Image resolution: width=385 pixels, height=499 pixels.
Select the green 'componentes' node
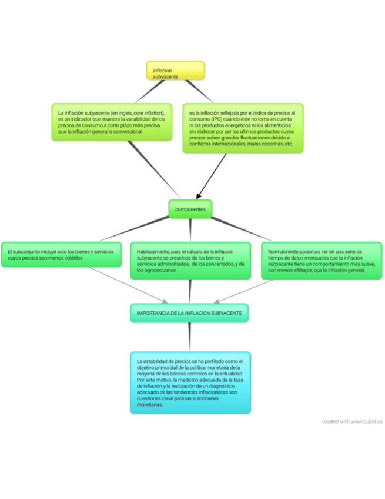[190, 209]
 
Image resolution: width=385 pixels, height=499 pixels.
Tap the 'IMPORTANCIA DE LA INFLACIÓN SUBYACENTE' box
[189, 313]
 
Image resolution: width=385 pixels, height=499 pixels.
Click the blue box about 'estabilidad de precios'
[190, 382]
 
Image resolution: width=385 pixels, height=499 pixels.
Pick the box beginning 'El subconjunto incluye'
[61, 254]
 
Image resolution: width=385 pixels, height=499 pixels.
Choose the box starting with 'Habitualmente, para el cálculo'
[190, 260]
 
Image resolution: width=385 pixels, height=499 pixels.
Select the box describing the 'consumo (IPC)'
[243, 128]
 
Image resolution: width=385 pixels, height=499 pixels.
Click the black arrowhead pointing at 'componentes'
[199, 195]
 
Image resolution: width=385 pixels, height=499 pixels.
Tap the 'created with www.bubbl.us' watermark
[351, 421]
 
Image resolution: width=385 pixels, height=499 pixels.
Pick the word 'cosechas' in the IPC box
[265, 144]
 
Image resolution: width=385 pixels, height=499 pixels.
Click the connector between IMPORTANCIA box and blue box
[189, 337]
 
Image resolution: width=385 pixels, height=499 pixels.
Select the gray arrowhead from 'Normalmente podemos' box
[217, 302]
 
